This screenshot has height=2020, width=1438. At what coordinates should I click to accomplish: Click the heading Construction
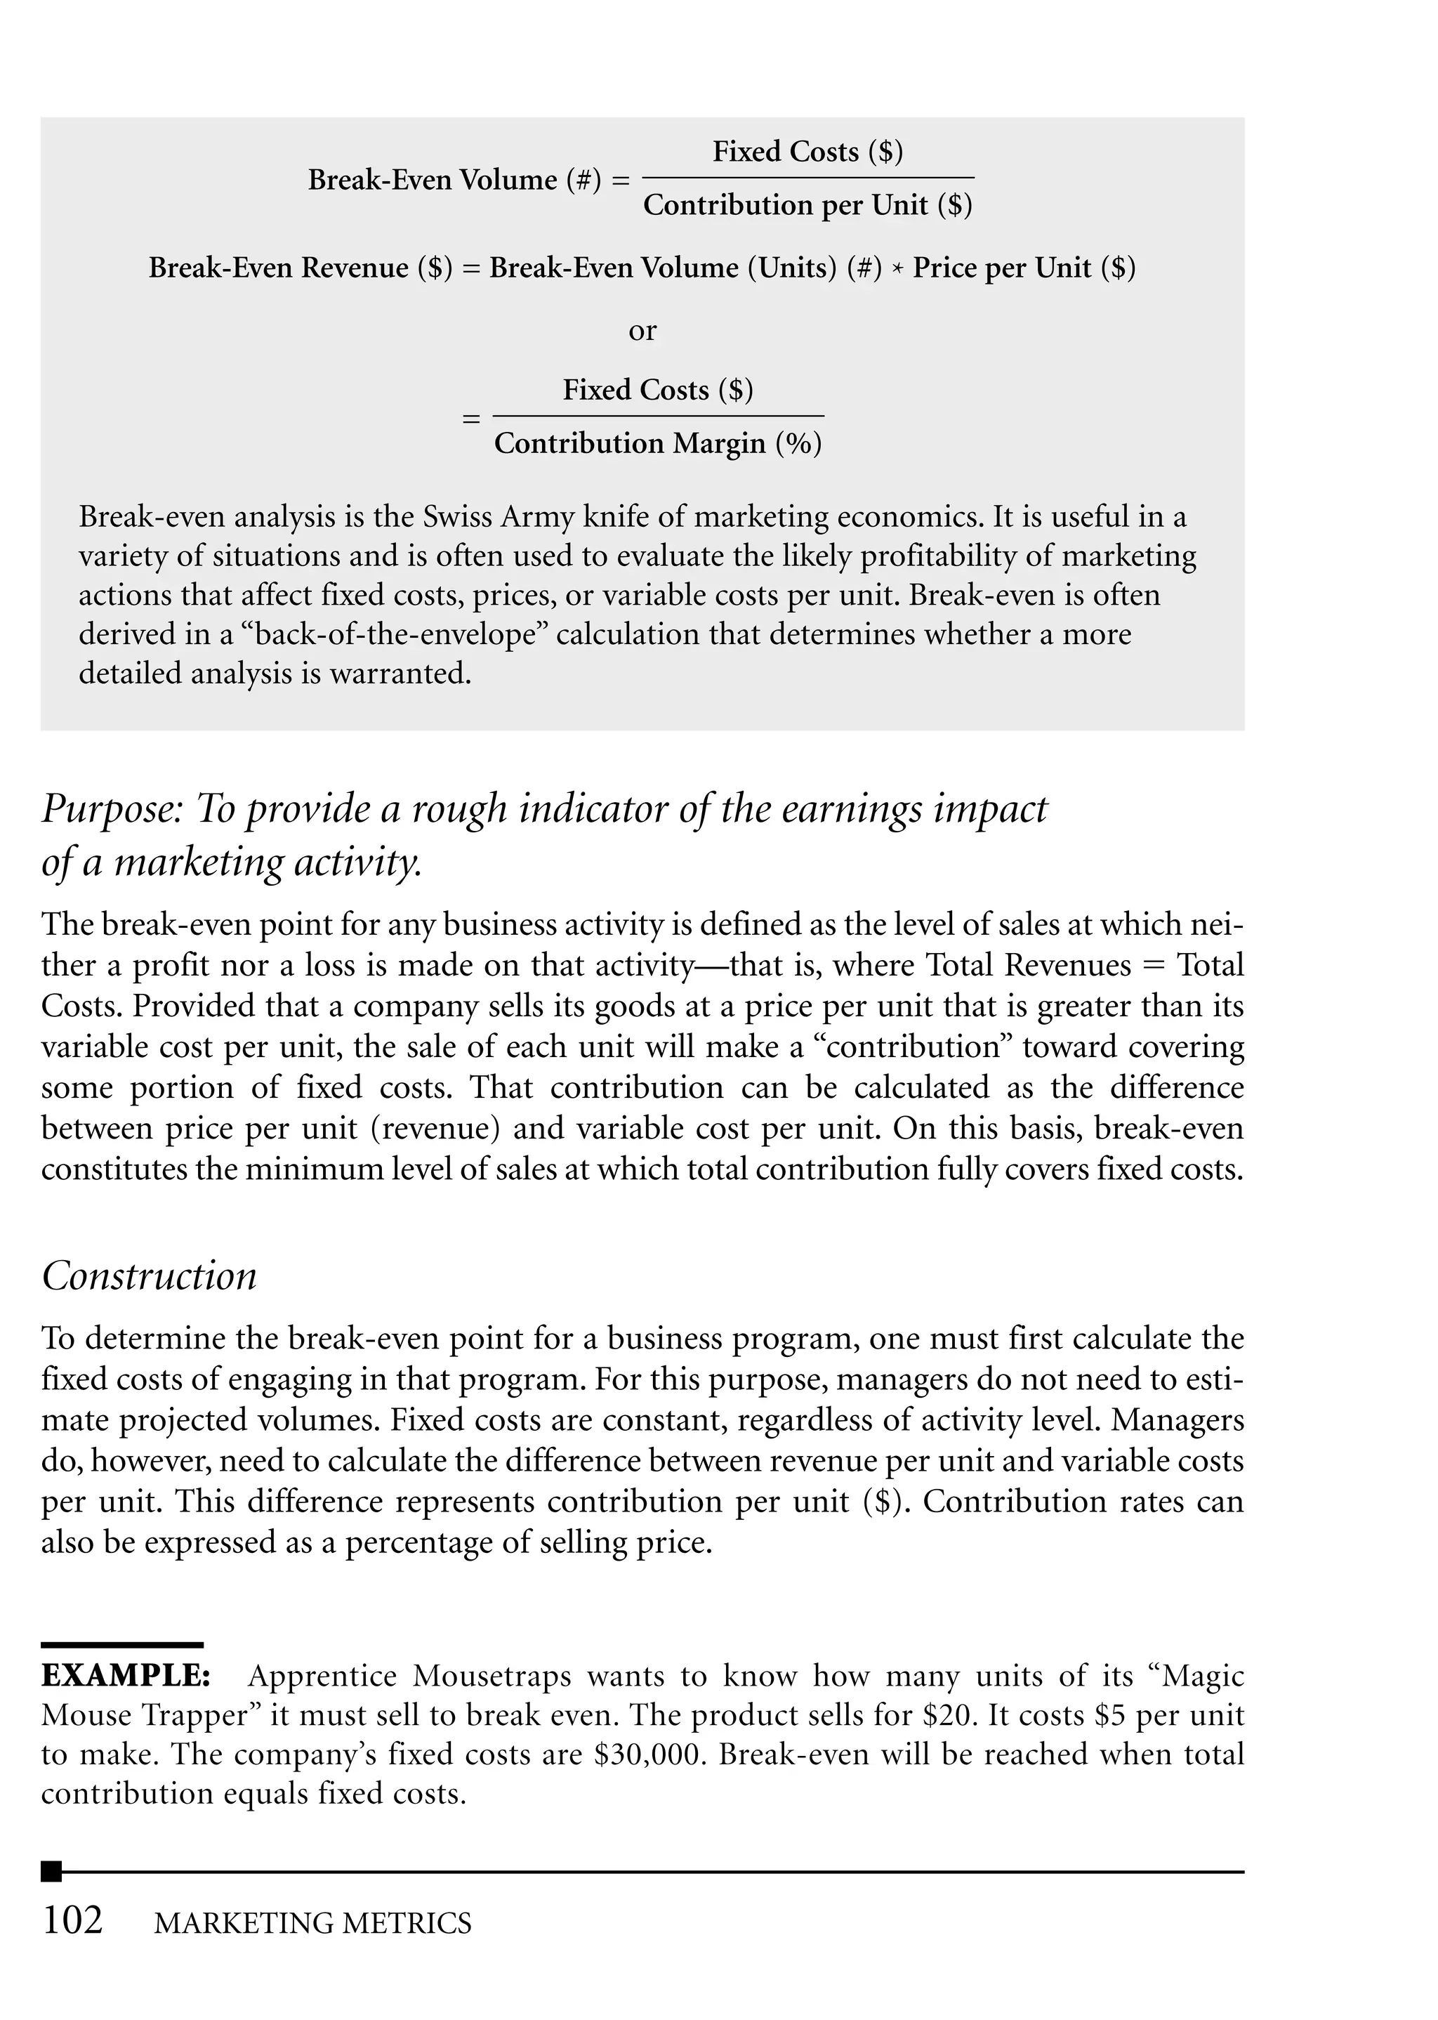point(149,1276)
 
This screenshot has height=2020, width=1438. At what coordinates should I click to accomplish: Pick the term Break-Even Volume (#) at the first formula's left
point(454,180)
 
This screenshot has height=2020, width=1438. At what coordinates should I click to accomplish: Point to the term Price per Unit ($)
point(1024,268)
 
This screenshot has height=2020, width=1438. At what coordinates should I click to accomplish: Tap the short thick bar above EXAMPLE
point(122,1644)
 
